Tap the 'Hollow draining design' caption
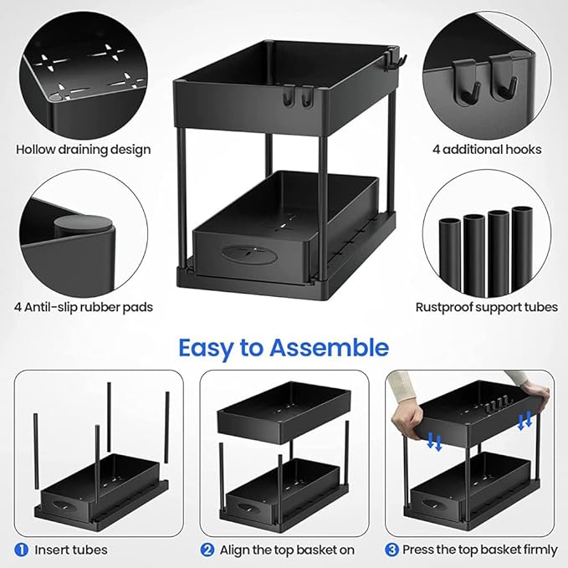tap(84, 150)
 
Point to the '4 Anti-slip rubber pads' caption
tap(84, 307)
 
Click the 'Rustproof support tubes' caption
tap(487, 307)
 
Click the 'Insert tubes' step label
tap(70, 550)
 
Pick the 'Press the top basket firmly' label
tap(480, 550)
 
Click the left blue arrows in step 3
tap(434, 441)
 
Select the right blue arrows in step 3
tap(525, 422)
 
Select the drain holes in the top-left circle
tap(84, 64)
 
